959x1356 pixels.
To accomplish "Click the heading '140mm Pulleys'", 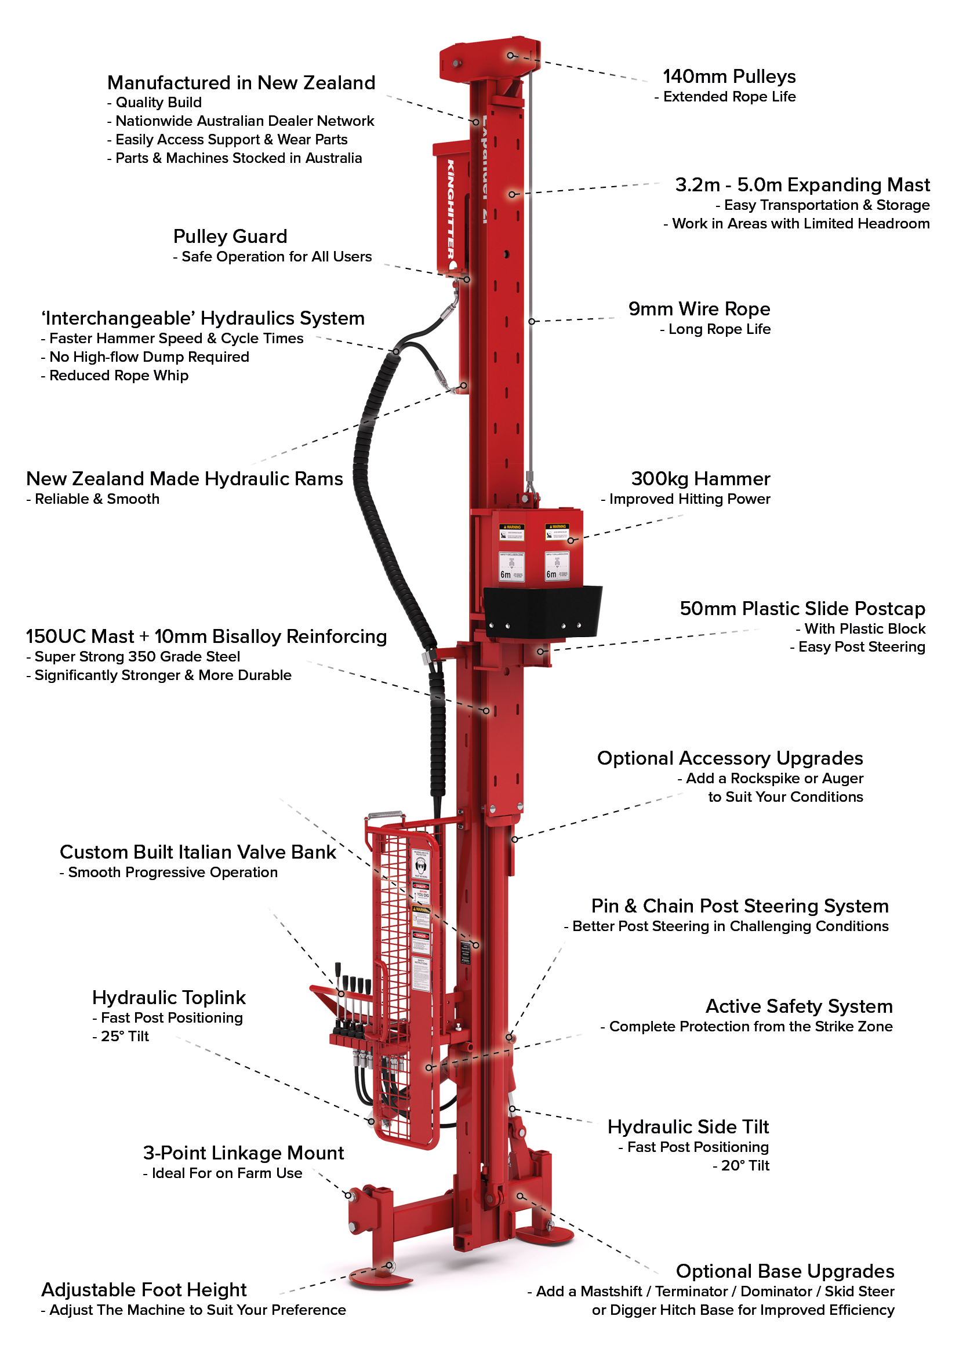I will [729, 77].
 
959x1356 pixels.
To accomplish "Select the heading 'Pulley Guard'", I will [230, 236].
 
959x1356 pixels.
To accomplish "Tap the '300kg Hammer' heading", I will [700, 478].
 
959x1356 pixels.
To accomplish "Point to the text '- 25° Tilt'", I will [121, 1036].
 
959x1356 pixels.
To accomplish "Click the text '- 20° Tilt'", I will [740, 1165].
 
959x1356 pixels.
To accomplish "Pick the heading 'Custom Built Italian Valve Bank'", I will [198, 852].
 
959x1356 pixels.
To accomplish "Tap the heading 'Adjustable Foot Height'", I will [144, 1289].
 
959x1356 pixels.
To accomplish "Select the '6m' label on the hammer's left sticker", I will [506, 574].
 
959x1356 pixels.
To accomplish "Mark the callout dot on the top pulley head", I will [511, 56].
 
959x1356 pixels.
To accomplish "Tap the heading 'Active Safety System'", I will [798, 1006].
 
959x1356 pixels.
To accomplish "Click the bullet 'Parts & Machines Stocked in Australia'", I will [234, 158].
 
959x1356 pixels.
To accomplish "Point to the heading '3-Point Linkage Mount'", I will [244, 1153].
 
